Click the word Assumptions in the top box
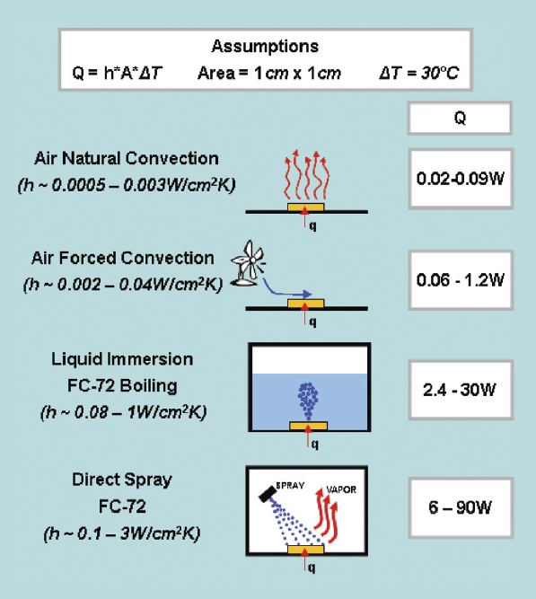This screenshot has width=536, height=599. (x=265, y=47)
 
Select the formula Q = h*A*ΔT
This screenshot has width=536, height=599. (x=118, y=73)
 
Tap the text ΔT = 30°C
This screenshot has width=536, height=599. (x=419, y=73)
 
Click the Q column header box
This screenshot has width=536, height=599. (x=460, y=118)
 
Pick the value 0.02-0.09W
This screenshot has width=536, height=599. (x=461, y=179)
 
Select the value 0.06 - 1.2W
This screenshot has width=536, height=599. (x=461, y=280)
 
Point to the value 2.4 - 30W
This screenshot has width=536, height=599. (x=460, y=390)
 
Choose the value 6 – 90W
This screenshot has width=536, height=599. (x=460, y=507)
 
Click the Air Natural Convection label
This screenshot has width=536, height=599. (x=127, y=159)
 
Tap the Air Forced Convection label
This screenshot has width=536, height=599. (x=123, y=259)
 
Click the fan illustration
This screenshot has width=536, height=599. (x=248, y=264)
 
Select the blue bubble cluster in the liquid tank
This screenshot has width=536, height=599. (x=308, y=400)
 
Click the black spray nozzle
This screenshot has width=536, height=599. (x=268, y=495)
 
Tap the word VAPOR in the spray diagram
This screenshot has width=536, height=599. (x=341, y=489)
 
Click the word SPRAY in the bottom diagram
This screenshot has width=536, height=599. (x=290, y=486)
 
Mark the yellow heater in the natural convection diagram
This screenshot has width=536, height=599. (x=305, y=207)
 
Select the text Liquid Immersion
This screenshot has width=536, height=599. (x=122, y=359)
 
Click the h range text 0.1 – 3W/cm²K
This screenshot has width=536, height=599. (x=122, y=533)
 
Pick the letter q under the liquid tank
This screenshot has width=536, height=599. (x=314, y=444)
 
